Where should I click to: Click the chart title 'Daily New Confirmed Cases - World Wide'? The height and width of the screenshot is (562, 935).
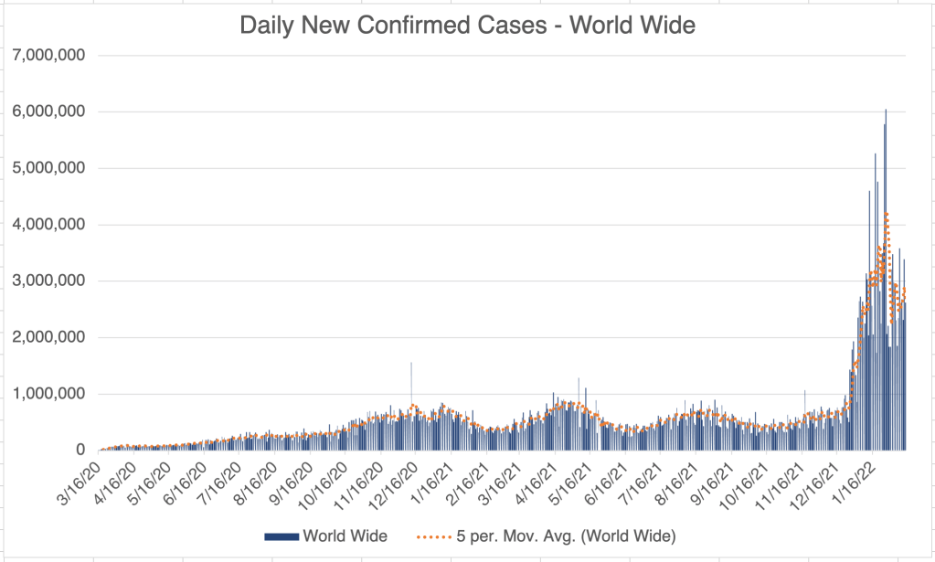467,26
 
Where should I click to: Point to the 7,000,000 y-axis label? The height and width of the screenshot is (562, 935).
49,55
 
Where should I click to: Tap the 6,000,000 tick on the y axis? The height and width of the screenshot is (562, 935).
49,111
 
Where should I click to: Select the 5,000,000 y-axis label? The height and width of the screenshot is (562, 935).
49,168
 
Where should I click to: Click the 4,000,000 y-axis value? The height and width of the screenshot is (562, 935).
49,225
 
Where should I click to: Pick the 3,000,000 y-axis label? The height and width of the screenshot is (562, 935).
49,281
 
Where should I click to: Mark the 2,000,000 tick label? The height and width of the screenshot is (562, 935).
49,338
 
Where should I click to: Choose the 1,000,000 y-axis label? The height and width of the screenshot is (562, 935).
49,395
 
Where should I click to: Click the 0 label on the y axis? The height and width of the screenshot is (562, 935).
80,451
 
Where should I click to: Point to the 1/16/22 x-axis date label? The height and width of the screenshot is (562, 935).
854,477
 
